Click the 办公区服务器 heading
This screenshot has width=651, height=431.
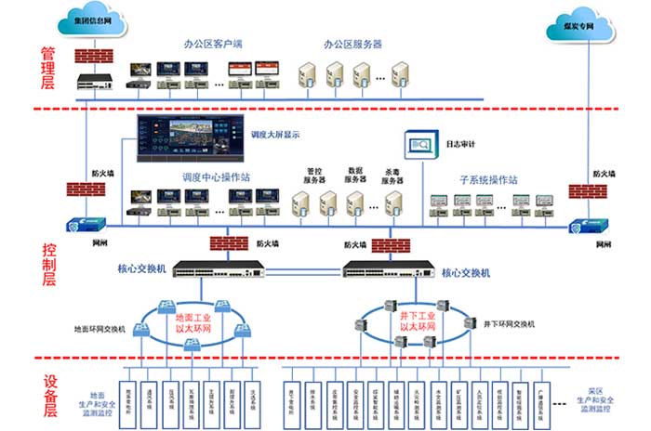click(352, 43)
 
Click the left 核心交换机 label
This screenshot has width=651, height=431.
click(140, 269)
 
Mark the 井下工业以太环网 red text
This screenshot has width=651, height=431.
click(417, 321)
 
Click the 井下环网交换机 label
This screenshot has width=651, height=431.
click(509, 322)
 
